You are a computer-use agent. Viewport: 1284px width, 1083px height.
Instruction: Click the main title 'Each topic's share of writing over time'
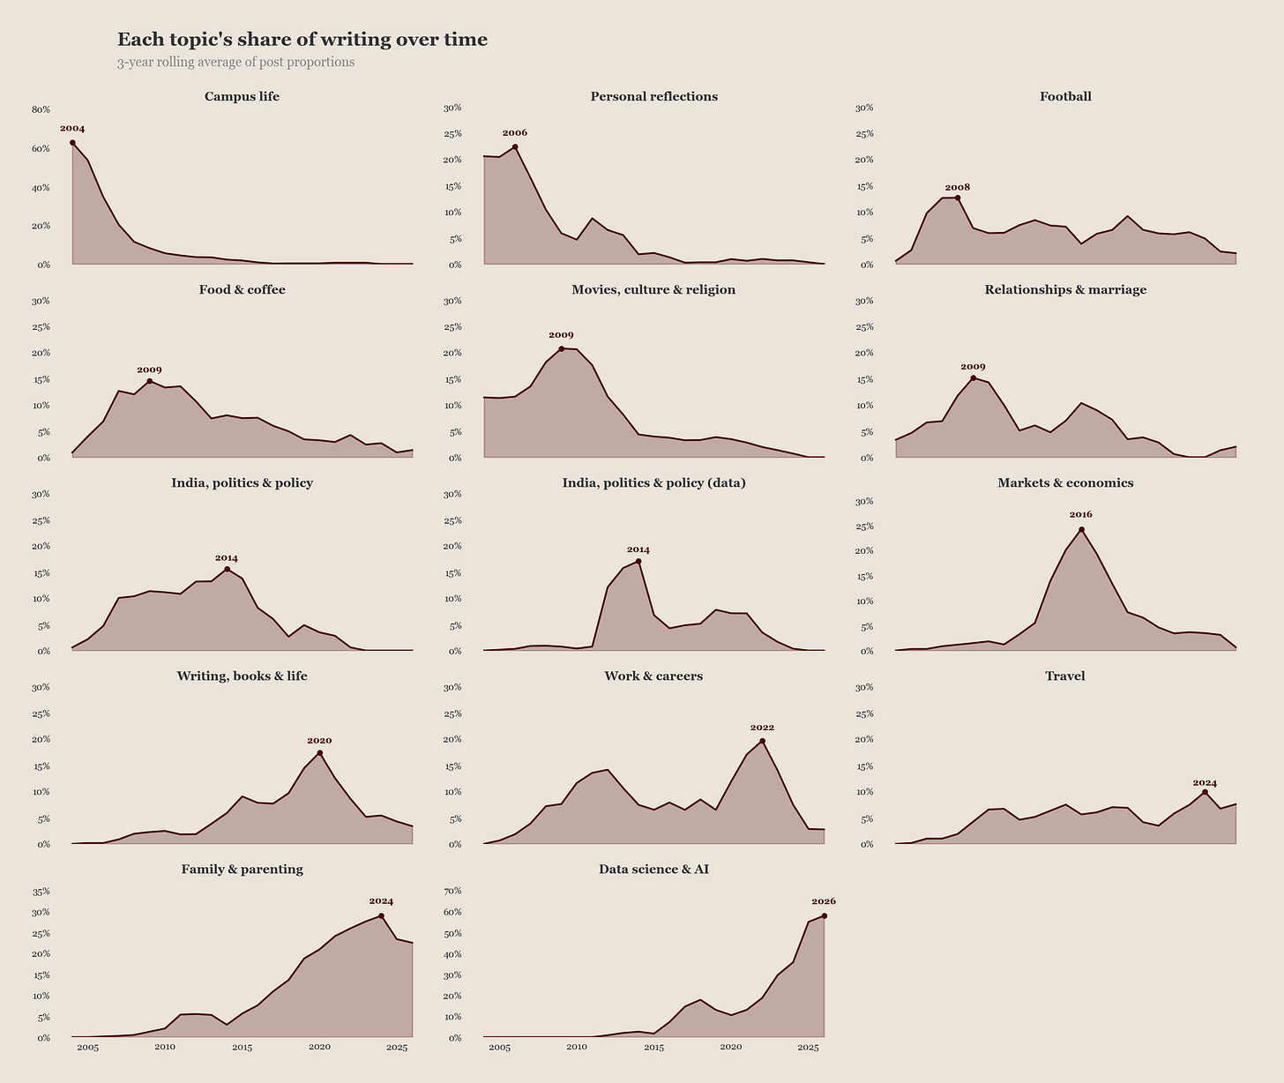302,40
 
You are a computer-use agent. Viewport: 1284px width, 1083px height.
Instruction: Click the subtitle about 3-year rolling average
235,63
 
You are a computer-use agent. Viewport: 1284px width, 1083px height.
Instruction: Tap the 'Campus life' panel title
242,96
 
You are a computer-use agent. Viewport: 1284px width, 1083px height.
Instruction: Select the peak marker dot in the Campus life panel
72,143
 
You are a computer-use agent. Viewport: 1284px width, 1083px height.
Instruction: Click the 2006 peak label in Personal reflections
514,133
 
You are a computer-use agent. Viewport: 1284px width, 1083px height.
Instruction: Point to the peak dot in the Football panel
958,198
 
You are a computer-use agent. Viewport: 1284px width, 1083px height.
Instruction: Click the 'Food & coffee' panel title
242,289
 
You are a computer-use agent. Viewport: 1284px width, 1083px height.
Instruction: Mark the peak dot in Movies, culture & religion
561,349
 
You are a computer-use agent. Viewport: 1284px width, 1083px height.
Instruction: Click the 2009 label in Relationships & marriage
973,367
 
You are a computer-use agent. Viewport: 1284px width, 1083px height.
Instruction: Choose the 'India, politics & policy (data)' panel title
653,482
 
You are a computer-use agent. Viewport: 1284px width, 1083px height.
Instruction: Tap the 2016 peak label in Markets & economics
1080,514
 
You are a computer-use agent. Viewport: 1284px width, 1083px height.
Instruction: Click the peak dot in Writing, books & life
319,753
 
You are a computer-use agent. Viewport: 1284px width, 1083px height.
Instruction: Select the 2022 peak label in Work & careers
762,728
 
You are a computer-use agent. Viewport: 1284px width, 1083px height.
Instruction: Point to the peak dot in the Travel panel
1205,793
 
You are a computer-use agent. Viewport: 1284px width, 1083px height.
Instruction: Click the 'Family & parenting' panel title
242,869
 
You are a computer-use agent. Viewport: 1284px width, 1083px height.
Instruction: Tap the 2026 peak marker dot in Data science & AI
824,916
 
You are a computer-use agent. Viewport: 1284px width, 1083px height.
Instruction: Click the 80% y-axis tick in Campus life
41,109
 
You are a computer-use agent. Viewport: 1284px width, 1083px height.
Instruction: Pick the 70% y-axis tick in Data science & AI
452,891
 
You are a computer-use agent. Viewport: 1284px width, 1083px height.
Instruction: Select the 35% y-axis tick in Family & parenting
41,892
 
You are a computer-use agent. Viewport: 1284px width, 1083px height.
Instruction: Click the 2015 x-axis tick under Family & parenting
242,1047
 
